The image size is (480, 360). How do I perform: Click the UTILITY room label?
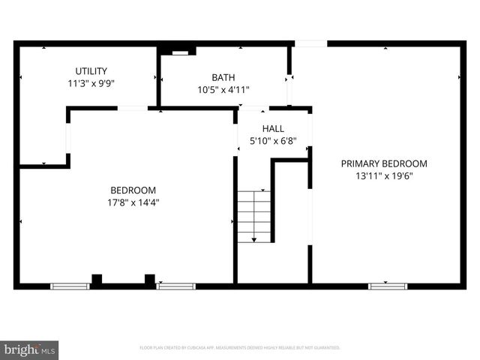[x=91, y=71]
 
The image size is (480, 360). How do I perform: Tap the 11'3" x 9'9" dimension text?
[x=91, y=84]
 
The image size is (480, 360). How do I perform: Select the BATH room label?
[x=223, y=77]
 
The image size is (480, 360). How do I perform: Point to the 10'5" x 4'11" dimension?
[x=223, y=90]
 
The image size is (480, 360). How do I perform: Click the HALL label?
[x=273, y=129]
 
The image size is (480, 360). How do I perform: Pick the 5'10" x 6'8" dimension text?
[x=273, y=141]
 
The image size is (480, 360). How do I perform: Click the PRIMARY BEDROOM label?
[x=384, y=163]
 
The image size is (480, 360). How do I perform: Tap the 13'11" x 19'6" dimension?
[x=384, y=176]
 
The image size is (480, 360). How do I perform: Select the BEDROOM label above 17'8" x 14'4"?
[x=133, y=190]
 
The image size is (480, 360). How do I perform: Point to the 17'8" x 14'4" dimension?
[x=133, y=202]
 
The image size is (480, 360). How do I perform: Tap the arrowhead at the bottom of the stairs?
[x=254, y=239]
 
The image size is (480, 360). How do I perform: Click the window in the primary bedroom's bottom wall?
[x=388, y=286]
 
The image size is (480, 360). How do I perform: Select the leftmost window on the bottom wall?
[x=70, y=286]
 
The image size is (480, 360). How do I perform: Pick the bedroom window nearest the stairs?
[x=176, y=286]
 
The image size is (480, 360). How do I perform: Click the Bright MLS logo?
[x=30, y=349]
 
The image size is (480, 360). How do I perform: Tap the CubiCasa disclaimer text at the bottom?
[x=240, y=348]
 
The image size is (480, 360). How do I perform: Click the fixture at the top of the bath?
[x=180, y=52]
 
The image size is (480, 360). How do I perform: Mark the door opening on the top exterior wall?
[x=310, y=43]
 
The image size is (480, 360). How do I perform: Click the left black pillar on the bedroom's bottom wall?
[x=96, y=280]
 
